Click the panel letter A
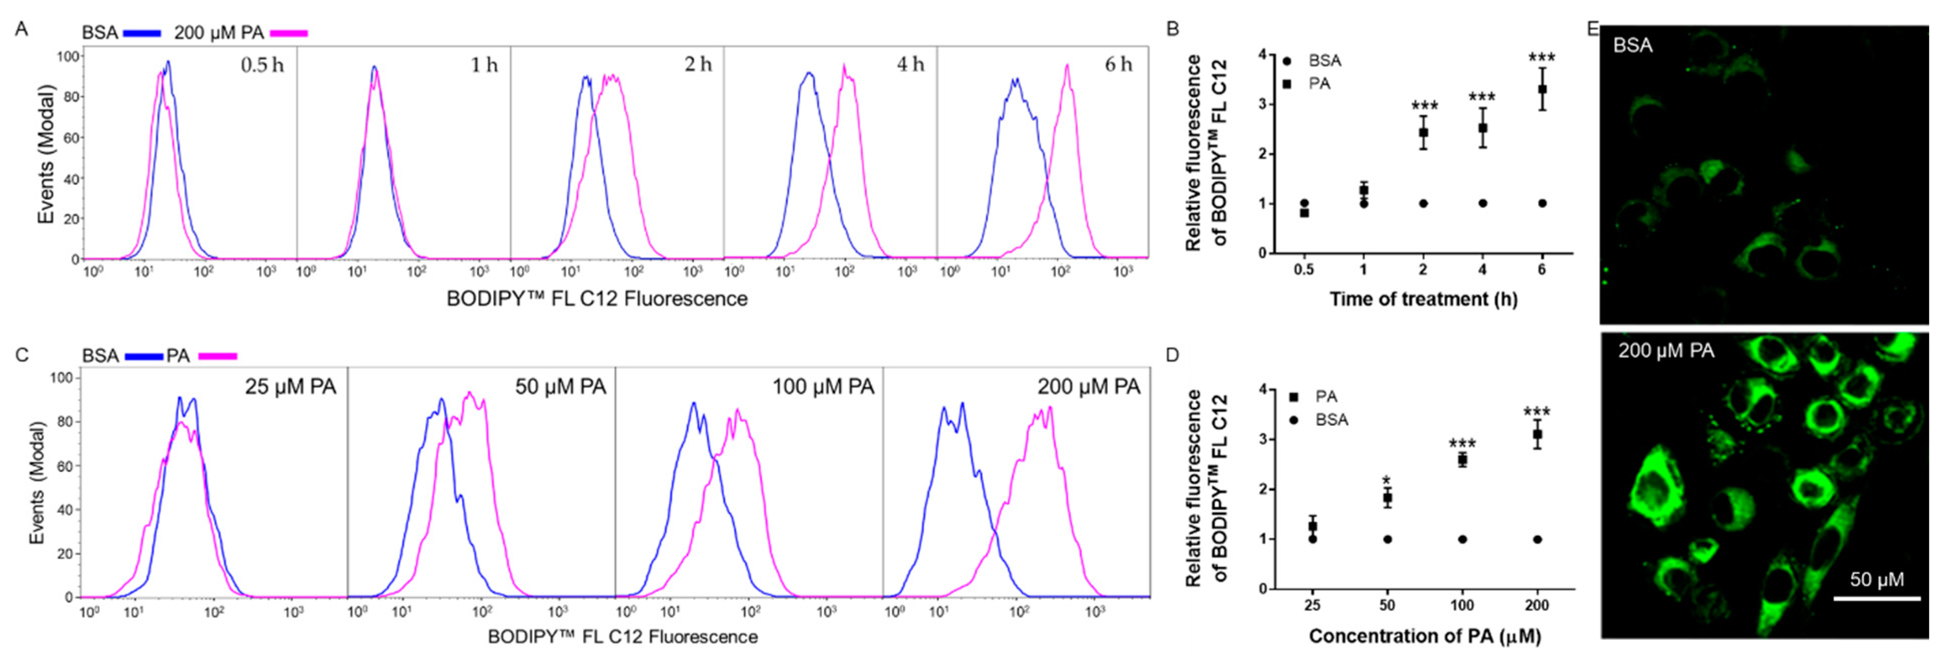22,28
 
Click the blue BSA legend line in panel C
143,355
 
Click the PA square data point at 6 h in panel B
1542,89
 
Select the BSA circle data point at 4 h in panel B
1482,203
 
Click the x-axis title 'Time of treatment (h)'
1423,299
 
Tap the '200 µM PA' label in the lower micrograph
1666,351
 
